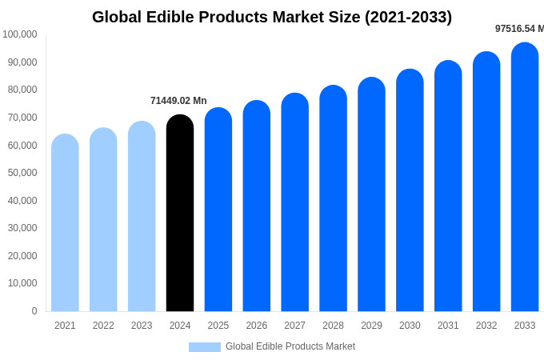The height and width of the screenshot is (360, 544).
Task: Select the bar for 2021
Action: [x=65, y=223]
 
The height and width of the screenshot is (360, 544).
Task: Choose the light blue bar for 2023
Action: [x=142, y=217]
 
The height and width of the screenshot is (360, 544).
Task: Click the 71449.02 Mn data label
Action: [x=178, y=101]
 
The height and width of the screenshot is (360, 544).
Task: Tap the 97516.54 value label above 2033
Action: [x=519, y=29]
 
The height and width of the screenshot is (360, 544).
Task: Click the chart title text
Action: [x=272, y=17]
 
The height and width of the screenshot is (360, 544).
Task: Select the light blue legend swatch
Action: [x=204, y=347]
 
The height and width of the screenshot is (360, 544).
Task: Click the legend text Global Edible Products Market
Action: [x=290, y=346]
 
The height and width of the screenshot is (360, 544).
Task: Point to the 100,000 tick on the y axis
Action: [x=20, y=34]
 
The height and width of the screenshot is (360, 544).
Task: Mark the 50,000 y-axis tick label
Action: [x=22, y=173]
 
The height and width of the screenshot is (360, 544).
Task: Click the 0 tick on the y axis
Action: [x=34, y=311]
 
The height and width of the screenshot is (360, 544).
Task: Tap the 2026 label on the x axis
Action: [x=257, y=326]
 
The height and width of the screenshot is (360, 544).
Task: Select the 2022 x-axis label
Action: [x=103, y=326]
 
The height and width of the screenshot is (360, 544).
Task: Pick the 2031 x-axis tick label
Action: [x=448, y=326]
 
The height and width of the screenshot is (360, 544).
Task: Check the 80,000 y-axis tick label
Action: [x=22, y=90]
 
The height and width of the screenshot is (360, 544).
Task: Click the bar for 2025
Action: [x=218, y=210]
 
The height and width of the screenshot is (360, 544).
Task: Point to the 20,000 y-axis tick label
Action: [x=22, y=256]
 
